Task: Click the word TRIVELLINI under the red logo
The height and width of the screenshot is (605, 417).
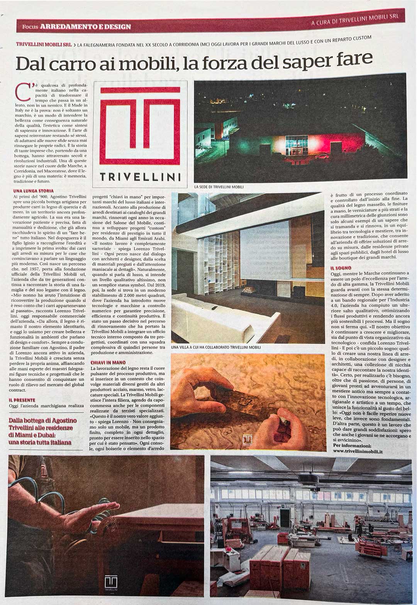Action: coord(140,177)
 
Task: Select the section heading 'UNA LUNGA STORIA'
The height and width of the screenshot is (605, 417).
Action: coord(33,191)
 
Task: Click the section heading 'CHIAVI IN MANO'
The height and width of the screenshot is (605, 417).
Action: coord(108,363)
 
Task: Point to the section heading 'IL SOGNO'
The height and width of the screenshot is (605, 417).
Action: coord(341,268)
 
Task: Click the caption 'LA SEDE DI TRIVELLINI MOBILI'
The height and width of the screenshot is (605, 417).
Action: coord(219,187)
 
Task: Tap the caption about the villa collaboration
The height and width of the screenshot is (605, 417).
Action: coord(216,347)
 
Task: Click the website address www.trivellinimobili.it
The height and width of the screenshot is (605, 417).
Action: coord(358,451)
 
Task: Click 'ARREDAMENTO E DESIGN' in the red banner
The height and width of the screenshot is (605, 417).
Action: coord(85,27)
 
